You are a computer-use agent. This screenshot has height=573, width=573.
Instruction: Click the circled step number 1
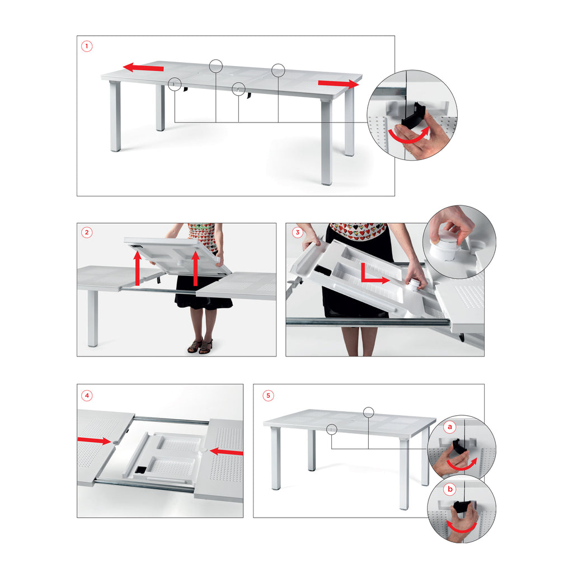[87, 46]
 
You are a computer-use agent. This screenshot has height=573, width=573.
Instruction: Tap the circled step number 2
[87, 232]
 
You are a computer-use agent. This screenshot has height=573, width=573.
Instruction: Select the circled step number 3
[298, 232]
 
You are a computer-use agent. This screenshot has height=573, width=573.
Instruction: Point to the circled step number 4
[87, 396]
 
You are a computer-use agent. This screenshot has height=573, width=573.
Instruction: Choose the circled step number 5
[268, 396]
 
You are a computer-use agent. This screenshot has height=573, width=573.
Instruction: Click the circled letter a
[450, 426]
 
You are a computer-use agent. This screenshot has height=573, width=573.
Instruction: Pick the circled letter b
[450, 489]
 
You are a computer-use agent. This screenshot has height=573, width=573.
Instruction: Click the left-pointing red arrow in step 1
[143, 68]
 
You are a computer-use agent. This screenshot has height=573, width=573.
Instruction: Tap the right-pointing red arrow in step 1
[339, 84]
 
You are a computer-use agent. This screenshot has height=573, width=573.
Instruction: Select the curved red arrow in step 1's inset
[408, 139]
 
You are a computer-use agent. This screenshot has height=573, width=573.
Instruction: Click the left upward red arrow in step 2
[138, 268]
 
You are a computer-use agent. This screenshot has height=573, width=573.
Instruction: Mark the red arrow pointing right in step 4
[94, 440]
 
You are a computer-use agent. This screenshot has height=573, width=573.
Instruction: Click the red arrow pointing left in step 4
[227, 452]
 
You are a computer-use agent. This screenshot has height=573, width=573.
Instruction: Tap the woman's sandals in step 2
[200, 346]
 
